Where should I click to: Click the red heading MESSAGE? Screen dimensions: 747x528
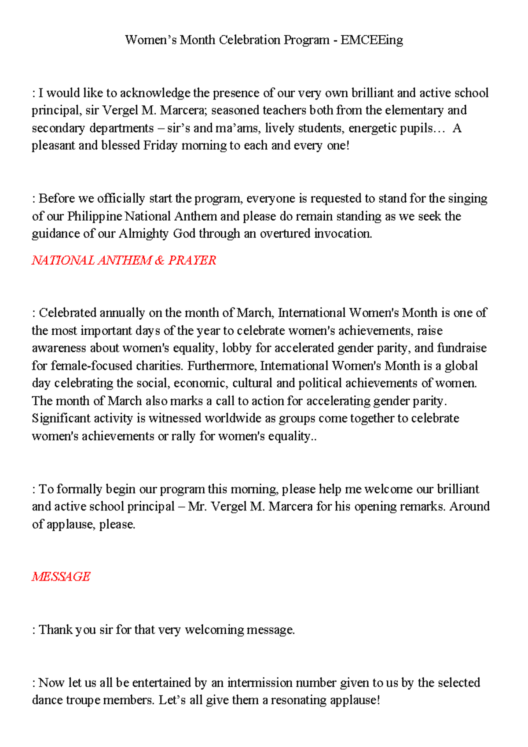pyautogui.click(x=61, y=577)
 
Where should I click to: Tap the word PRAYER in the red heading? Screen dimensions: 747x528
pyautogui.click(x=192, y=260)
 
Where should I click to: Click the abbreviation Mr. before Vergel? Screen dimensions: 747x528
pyautogui.click(x=198, y=507)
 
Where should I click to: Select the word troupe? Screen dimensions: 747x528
pyautogui.click(x=84, y=700)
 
